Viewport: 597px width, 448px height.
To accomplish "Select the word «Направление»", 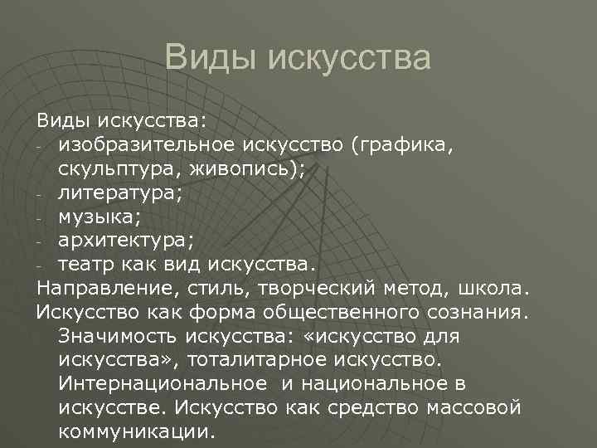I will pyautogui.click(x=102, y=290).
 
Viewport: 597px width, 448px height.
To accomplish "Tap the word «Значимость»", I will pyautogui.click(x=119, y=338).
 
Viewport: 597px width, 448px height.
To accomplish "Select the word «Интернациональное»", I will pyautogui.click(x=158, y=385).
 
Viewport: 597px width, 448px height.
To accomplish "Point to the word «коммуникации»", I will pyautogui.click(x=135, y=432).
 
